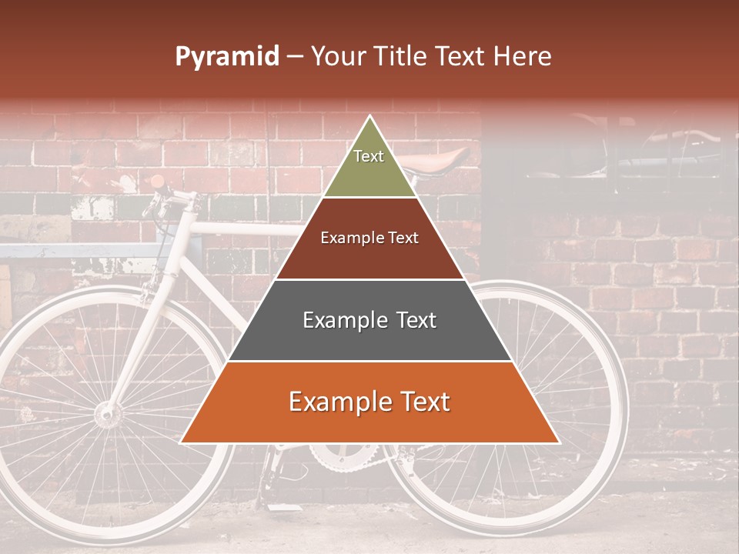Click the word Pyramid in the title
point(226,57)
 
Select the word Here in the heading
point(523,57)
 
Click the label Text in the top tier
point(369,156)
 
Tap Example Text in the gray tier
point(369,320)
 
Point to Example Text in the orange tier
point(369,402)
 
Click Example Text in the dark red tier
point(369,238)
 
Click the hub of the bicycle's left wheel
point(108,415)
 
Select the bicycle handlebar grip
point(157,182)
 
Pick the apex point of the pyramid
point(369,117)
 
